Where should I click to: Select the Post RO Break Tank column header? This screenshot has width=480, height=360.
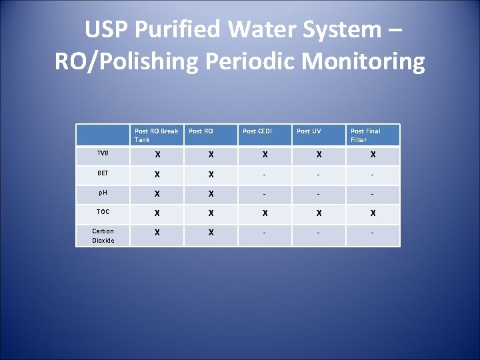pos(156,135)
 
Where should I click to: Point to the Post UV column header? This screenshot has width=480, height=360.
pos(309,131)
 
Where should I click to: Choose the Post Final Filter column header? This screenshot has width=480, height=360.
pos(365,135)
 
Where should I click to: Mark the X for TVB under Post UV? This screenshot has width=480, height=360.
pos(319,155)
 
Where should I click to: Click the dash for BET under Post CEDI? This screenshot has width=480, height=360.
pos(265,174)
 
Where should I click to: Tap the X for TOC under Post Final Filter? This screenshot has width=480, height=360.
pos(373,213)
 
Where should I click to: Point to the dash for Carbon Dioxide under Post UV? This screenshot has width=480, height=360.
pos(319,233)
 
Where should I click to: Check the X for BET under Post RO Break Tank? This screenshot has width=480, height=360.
pos(157,174)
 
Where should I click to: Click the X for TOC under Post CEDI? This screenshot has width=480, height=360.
pos(265,213)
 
